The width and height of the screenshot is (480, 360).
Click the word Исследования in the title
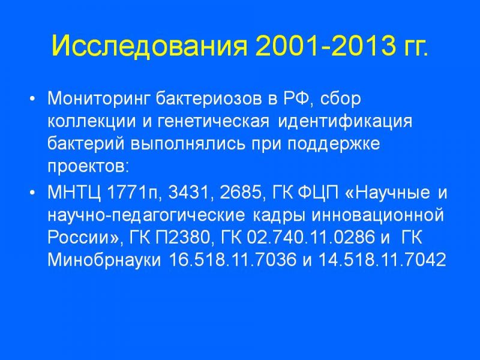[x=149, y=46]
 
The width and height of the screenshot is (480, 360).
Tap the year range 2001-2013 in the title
[x=325, y=46]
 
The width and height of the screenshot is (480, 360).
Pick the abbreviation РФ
[x=298, y=98]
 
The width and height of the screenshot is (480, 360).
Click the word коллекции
[x=92, y=122]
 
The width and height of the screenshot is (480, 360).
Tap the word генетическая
[x=214, y=122]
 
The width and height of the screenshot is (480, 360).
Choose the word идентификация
[x=345, y=121]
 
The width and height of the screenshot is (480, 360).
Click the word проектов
[x=86, y=167]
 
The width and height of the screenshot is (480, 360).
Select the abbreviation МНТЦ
[x=74, y=193]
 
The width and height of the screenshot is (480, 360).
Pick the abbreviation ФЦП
[x=319, y=193]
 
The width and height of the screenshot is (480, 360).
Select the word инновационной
[x=377, y=215]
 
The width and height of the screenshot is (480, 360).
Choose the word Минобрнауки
[x=104, y=260]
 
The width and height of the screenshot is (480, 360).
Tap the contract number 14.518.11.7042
[x=382, y=260]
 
